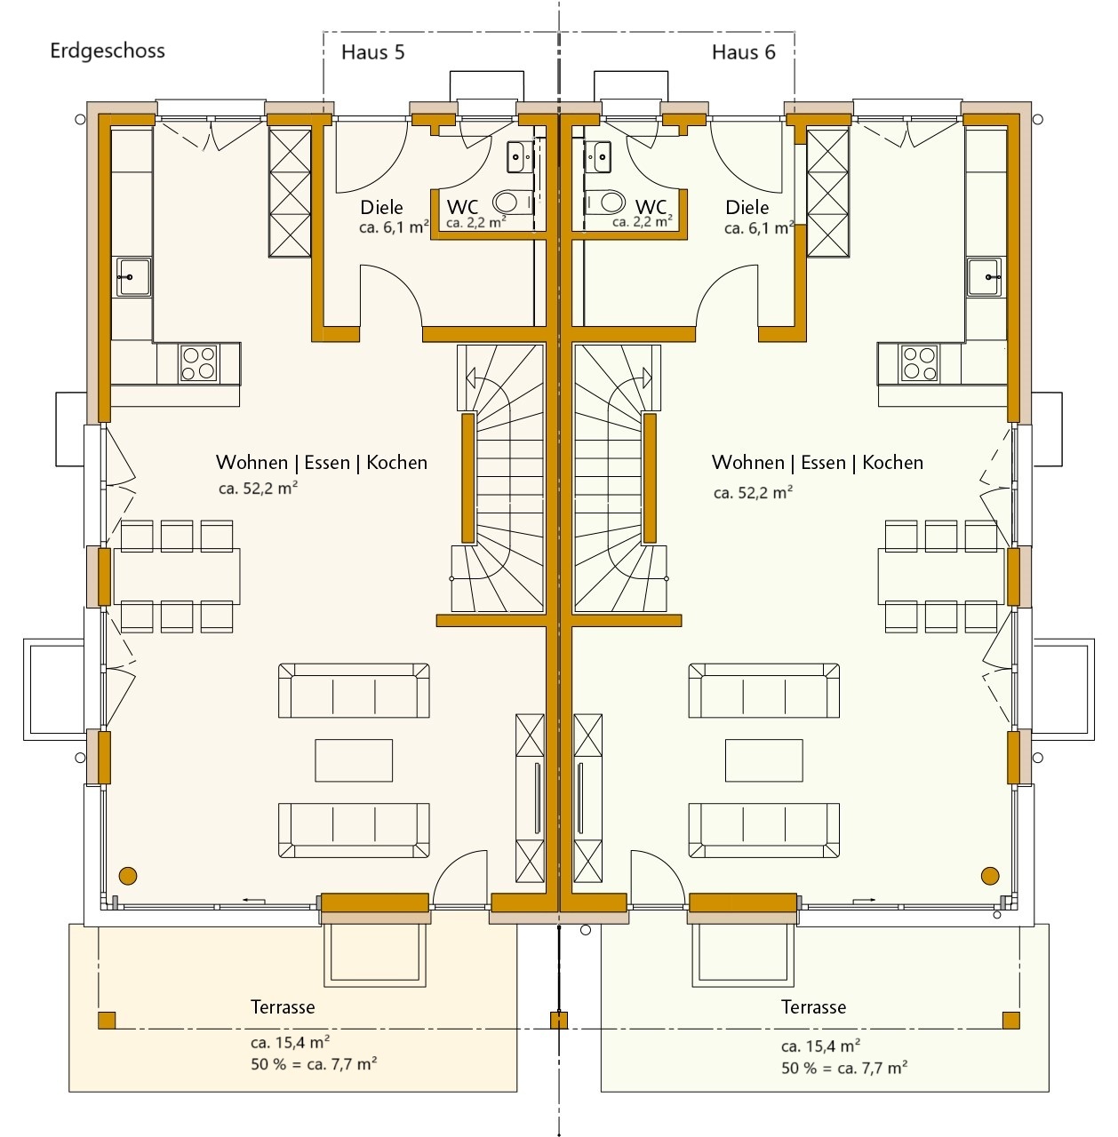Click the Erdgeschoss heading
(108, 52)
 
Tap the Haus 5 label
(372, 52)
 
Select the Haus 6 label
(744, 52)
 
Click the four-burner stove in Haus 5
(198, 363)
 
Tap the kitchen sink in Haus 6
(985, 277)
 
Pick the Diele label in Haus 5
(381, 208)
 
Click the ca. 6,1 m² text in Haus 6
(759, 228)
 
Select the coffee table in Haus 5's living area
(354, 760)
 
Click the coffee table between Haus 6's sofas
(764, 760)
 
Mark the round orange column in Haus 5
(128, 876)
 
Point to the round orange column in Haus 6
(990, 876)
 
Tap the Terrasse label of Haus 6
(813, 1007)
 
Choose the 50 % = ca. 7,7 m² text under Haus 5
(314, 1064)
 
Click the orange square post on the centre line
(559, 1020)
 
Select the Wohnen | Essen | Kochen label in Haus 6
(818, 463)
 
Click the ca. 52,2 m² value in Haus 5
(258, 488)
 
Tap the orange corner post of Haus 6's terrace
(1011, 1020)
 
